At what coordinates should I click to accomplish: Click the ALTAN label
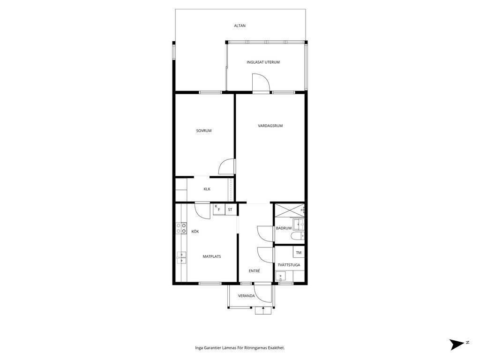[240, 26]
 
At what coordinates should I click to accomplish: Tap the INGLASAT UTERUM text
[263, 62]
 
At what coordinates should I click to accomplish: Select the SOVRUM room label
[204, 131]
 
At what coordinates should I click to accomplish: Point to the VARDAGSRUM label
[270, 126]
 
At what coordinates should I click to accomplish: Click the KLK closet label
[207, 189]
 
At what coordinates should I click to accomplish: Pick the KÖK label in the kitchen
[195, 232]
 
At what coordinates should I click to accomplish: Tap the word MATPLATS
[212, 256]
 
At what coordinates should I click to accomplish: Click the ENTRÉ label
[255, 271]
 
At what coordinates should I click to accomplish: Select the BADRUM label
[284, 228]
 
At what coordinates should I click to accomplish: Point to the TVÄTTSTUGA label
[289, 265]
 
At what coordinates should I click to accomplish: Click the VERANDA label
[247, 296]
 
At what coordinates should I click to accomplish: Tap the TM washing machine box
[299, 253]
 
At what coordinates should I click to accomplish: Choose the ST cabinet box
[230, 210]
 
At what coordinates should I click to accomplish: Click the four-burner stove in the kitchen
[181, 228]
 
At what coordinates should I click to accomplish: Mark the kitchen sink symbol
[181, 257]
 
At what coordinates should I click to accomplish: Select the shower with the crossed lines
[290, 210]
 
